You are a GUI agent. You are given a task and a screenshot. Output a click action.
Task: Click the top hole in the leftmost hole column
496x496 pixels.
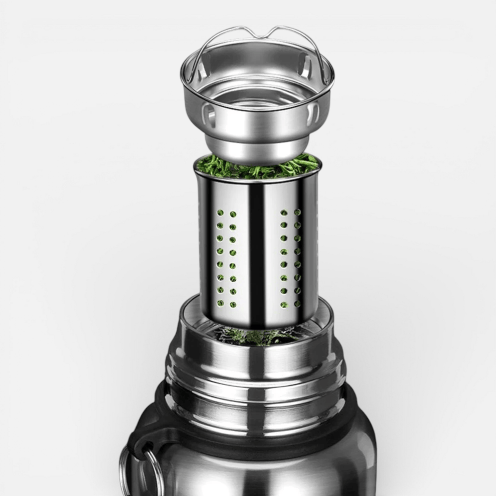pos(220,213)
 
